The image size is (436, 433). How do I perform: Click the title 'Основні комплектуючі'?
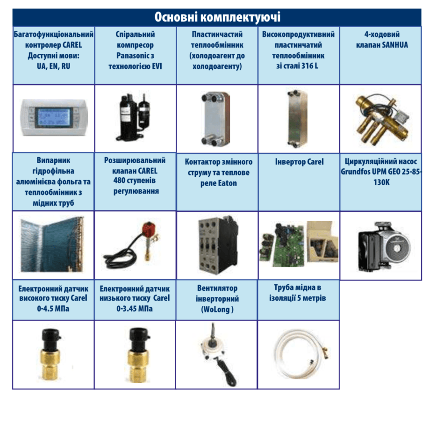(217, 17)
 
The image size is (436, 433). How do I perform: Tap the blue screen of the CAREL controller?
(54, 117)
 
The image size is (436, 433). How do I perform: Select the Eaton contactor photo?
(218, 245)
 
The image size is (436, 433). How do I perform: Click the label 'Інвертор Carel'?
(299, 162)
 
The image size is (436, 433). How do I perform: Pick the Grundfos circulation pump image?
(383, 246)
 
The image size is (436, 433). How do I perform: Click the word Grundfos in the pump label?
(355, 172)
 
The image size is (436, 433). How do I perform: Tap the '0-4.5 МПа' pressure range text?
(53, 309)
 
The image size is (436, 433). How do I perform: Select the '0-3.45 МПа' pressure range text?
(135, 309)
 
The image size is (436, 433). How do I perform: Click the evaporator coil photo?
(52, 245)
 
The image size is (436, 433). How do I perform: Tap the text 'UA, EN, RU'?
(53, 66)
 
